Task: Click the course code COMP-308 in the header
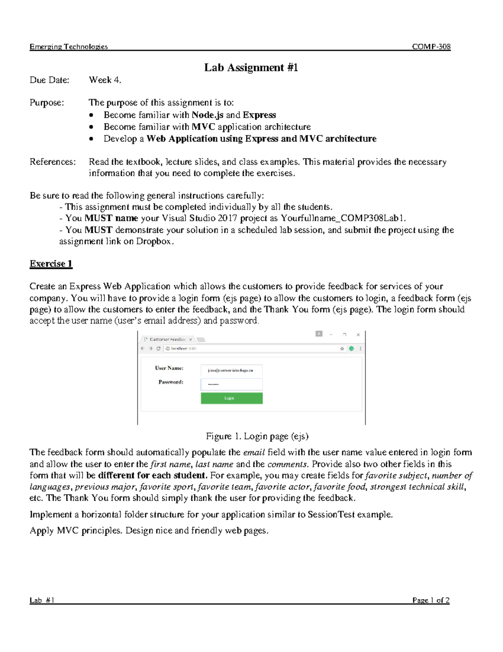pyautogui.click(x=431, y=47)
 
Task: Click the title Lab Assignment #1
pyautogui.click(x=251, y=67)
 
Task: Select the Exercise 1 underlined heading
pyautogui.click(x=51, y=264)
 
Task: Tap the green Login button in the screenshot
pyautogui.click(x=232, y=398)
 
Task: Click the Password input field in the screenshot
pyautogui.click(x=232, y=384)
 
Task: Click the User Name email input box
pyautogui.click(x=232, y=370)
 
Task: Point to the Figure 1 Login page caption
pyautogui.click(x=257, y=436)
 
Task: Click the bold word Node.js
pyautogui.click(x=207, y=115)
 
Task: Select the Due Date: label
pyautogui.click(x=49, y=80)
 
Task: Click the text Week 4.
pyautogui.click(x=105, y=80)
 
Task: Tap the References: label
pyautogui.click(x=53, y=162)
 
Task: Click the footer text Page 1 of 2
pyautogui.click(x=431, y=600)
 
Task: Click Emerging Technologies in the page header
pyautogui.click(x=69, y=47)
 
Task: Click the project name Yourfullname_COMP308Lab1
pyautogui.click(x=343, y=218)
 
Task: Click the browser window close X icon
pyautogui.click(x=358, y=335)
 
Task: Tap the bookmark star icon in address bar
pyautogui.click(x=342, y=348)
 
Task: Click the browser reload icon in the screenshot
pyautogui.click(x=158, y=348)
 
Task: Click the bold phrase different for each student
pyautogui.click(x=153, y=476)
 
